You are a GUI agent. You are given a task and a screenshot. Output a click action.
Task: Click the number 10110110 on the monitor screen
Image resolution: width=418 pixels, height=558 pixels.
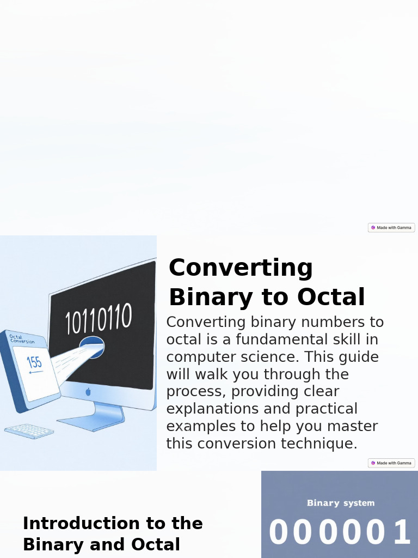coord(99,319)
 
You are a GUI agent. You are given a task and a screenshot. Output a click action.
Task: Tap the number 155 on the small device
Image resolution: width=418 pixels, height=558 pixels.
coord(34,362)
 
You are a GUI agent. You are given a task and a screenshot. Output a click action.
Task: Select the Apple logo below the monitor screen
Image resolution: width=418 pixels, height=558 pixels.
coord(88,392)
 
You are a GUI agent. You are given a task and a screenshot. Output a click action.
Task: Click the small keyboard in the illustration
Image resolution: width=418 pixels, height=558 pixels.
coord(29,431)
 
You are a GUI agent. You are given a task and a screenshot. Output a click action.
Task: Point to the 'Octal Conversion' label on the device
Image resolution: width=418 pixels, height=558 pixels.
coord(22,339)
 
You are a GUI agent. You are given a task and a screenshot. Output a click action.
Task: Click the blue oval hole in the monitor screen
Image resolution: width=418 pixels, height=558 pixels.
coord(91,347)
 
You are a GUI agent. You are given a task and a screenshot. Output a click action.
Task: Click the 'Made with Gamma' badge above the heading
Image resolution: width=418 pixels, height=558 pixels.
coord(391,228)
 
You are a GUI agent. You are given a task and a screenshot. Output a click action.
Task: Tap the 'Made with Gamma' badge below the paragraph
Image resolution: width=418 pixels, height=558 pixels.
coord(391,463)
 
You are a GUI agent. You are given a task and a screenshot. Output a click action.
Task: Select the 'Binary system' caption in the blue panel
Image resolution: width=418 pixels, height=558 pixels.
coord(341,503)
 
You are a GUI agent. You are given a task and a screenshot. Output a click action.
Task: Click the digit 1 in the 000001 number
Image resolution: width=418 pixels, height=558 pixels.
coord(402,533)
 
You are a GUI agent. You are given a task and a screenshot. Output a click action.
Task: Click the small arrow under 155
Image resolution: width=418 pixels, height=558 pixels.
coord(35,373)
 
